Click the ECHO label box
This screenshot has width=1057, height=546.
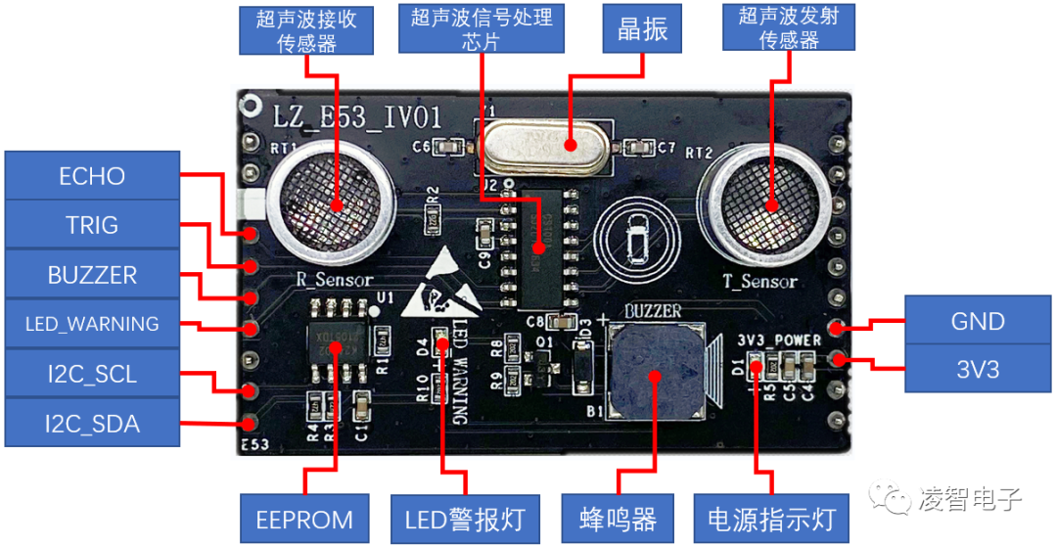click(x=92, y=176)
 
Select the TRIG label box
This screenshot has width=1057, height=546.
click(x=92, y=225)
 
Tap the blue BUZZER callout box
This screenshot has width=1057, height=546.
click(x=92, y=275)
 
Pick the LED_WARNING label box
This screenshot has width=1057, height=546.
click(x=92, y=324)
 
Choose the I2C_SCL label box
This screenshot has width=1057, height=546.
click(x=92, y=374)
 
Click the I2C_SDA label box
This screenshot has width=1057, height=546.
click(x=92, y=423)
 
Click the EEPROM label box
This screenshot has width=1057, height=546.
click(x=304, y=520)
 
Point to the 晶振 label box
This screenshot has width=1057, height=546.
click(x=643, y=28)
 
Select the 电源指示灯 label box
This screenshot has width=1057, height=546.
click(x=770, y=520)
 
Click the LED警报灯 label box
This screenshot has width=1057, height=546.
click(x=465, y=520)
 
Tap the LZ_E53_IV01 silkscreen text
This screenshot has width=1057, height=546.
click(x=358, y=118)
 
